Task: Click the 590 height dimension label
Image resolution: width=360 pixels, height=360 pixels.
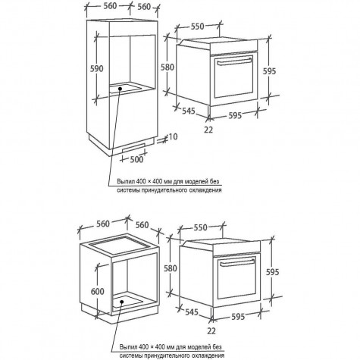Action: (97, 68)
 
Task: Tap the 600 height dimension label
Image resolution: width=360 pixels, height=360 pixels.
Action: (98, 291)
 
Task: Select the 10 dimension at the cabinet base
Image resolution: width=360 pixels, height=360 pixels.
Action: (173, 136)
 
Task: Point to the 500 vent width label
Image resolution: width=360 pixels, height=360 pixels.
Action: (136, 159)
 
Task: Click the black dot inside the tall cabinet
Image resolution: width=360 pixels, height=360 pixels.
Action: (120, 89)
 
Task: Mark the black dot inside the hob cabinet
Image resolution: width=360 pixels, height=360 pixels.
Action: (122, 302)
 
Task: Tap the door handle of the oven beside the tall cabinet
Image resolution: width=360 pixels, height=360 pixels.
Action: (234, 61)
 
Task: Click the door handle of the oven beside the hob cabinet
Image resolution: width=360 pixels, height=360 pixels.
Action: (237, 263)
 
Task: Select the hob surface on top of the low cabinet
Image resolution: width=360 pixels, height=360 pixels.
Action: (119, 243)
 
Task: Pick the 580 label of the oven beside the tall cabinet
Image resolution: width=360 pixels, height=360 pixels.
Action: (167, 67)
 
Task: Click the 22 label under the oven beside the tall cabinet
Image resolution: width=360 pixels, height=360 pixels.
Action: (208, 130)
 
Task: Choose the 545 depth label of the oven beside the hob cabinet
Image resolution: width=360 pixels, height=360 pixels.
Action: (192, 312)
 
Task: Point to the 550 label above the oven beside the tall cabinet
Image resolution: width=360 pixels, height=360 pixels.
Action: (197, 27)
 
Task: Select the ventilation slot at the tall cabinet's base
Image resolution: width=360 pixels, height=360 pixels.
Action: (133, 147)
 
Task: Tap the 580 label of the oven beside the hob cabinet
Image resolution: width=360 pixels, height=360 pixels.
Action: (171, 268)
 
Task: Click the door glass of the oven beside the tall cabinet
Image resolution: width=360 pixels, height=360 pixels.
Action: (233, 77)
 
